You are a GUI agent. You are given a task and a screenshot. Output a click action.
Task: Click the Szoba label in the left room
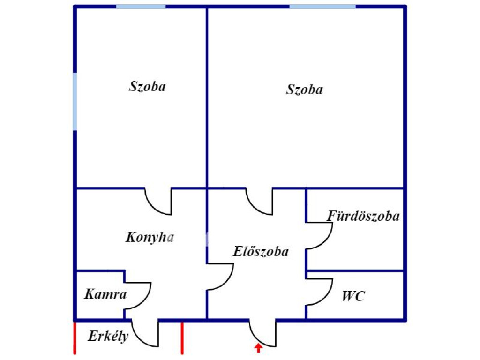pyautogui.click(x=147, y=86)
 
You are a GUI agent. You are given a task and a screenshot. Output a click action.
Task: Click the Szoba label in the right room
pyautogui.click(x=304, y=90)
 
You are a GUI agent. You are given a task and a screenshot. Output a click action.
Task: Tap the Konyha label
pyautogui.click(x=150, y=237)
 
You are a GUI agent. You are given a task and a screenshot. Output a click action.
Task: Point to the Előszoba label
pyautogui.click(x=261, y=251)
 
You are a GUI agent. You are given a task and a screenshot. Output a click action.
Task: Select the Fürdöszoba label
pyautogui.click(x=363, y=216)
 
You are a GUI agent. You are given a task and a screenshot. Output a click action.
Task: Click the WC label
pyautogui.click(x=353, y=296)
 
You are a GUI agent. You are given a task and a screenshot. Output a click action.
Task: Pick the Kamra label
pyautogui.click(x=105, y=294)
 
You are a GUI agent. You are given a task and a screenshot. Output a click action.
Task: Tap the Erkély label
pyautogui.click(x=108, y=336)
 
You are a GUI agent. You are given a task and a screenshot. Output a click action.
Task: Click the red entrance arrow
pyautogui.click(x=258, y=348)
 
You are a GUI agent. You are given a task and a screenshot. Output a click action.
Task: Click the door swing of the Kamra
pyautogui.click(x=146, y=302)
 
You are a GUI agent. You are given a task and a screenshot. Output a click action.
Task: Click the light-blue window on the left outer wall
pyautogui.click(x=75, y=101)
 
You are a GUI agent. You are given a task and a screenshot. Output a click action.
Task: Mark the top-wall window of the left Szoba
pyautogui.click(x=141, y=7)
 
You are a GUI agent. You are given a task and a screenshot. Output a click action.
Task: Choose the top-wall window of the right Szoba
pyautogui.click(x=322, y=7)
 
